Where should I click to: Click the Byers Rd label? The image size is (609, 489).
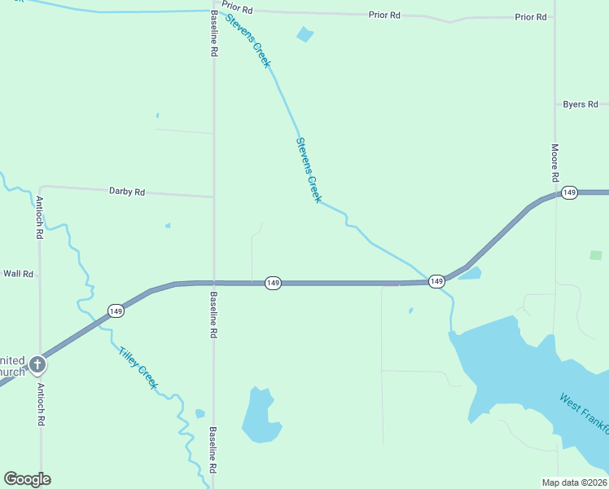point(581,104)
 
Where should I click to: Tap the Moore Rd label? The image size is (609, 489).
point(554,163)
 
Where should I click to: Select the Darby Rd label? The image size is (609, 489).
point(126,192)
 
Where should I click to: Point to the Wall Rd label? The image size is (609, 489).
point(18,274)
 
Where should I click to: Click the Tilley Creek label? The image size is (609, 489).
point(138,368)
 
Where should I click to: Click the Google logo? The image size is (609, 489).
point(27,479)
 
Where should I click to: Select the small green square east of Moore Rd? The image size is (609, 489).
point(596,255)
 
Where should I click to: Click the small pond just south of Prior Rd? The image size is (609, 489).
point(305,34)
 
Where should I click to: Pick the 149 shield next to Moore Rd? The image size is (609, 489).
point(569,192)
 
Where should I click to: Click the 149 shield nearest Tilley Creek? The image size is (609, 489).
point(116,311)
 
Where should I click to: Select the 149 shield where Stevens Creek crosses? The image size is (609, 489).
point(436,281)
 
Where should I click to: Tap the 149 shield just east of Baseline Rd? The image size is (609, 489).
point(273,283)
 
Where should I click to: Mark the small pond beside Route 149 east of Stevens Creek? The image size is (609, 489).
point(471,273)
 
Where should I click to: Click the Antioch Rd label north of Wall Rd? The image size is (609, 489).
point(39,217)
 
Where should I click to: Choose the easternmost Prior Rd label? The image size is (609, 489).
point(530,16)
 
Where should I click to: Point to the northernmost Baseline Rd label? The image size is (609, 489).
point(213,33)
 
